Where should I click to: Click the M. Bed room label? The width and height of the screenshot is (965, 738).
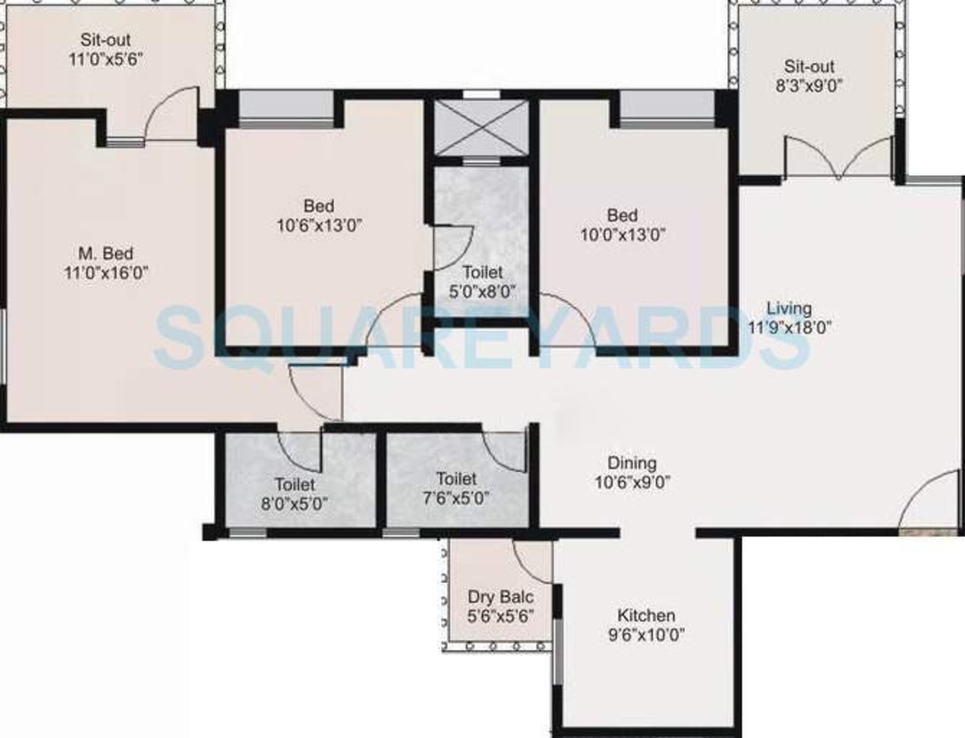coord(106,254)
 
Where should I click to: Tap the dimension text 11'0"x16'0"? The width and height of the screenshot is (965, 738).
coord(106,273)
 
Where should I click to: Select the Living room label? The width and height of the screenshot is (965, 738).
coord(789,309)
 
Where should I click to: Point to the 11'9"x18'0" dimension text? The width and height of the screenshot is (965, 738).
coord(790,328)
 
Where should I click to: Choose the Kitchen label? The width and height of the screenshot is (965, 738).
coord(646,615)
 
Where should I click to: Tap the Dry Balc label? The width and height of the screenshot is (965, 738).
coord(501,597)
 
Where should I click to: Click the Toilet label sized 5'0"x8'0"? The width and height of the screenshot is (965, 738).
coord(482,272)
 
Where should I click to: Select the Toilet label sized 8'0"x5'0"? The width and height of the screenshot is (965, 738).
coord(295,484)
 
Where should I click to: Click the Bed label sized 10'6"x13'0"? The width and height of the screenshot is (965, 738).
coord(319,206)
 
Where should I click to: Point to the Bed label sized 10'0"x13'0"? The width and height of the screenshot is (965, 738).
coord(622,215)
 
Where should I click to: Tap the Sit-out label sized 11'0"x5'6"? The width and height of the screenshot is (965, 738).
coord(106,40)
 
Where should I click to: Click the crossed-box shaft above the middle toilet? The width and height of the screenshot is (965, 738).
coord(482,127)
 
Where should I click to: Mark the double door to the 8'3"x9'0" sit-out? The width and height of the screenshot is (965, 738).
coord(839,158)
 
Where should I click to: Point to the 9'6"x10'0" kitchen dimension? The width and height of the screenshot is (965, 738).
coord(647,635)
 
